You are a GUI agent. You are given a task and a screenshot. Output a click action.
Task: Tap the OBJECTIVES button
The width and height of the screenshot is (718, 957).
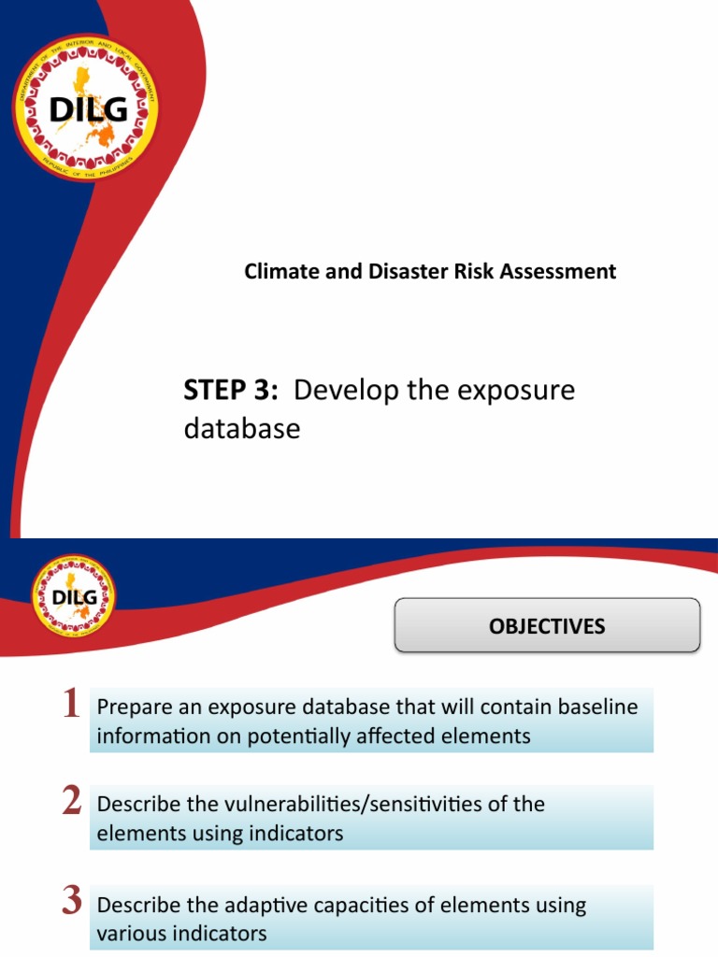[x=547, y=626]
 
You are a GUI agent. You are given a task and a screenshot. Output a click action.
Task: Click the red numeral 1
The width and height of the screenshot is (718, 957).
[x=70, y=705]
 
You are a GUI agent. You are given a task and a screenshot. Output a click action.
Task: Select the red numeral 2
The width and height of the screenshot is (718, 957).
[x=71, y=802]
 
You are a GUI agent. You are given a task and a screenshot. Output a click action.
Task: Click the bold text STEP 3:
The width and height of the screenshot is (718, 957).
[x=231, y=391]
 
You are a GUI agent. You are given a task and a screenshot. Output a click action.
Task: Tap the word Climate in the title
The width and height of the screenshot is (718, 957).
[x=277, y=272]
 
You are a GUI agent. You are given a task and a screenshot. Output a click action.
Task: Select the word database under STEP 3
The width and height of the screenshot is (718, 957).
[x=242, y=429]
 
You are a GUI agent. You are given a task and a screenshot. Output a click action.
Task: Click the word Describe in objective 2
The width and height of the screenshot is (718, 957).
[x=136, y=804]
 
